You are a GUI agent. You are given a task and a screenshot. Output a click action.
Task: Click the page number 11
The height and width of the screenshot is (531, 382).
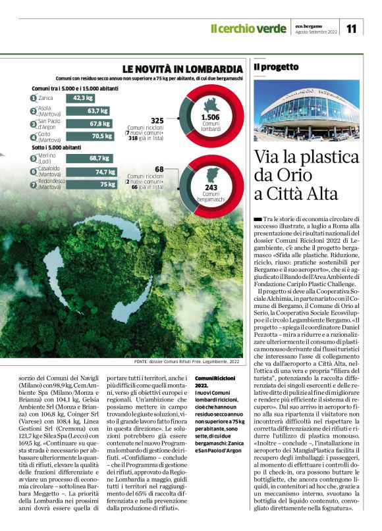(x=351, y=28)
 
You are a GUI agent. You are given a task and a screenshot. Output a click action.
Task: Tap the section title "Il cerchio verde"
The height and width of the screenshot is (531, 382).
(x=248, y=28)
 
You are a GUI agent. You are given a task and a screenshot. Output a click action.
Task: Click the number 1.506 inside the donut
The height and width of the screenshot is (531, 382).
(x=211, y=116)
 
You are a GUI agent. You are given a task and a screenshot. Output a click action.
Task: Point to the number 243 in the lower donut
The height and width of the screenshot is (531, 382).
(x=211, y=188)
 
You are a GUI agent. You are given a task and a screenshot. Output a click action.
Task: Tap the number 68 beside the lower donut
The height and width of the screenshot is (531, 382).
(x=159, y=169)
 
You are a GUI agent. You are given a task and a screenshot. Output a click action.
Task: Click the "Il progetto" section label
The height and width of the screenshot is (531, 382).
(x=276, y=66)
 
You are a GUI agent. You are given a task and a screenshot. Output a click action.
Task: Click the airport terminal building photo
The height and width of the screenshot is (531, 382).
(x=306, y=110)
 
